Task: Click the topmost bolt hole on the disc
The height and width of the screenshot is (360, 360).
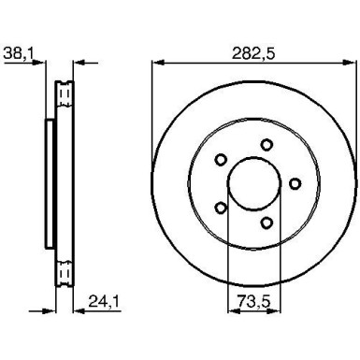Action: [x=266, y=143]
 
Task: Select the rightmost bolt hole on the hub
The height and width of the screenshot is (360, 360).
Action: [x=297, y=182]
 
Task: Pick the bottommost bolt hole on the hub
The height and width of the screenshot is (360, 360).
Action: [x=268, y=222]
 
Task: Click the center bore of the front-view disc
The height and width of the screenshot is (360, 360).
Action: [x=252, y=182]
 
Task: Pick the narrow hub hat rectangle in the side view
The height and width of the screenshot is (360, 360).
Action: [x=50, y=183]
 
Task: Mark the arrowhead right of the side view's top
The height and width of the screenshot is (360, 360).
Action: [x=79, y=64]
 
